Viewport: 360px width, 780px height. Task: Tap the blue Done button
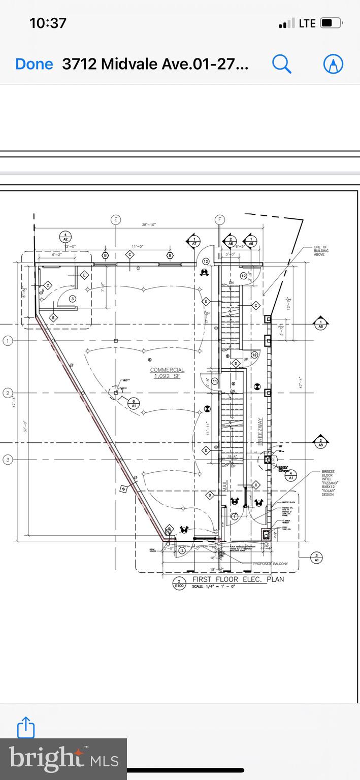pyautogui.click(x=34, y=64)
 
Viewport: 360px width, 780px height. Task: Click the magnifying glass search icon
pyautogui.click(x=281, y=64)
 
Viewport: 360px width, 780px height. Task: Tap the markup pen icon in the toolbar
pyautogui.click(x=333, y=64)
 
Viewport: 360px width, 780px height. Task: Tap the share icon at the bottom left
pyautogui.click(x=26, y=727)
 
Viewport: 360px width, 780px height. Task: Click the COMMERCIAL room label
pyautogui.click(x=167, y=370)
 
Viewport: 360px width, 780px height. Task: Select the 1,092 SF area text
pyautogui.click(x=167, y=376)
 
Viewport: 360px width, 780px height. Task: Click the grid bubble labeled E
pyautogui.click(x=116, y=219)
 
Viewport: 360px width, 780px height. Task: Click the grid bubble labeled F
pyautogui.click(x=220, y=219)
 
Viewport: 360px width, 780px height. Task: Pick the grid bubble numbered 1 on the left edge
pyautogui.click(x=8, y=341)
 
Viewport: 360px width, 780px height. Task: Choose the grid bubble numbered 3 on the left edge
pyautogui.click(x=8, y=460)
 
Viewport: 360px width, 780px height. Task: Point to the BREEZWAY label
pyautogui.click(x=259, y=431)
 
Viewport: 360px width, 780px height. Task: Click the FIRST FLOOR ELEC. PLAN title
pyautogui.click(x=238, y=579)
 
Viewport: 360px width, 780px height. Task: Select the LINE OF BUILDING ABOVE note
pyautogui.click(x=321, y=250)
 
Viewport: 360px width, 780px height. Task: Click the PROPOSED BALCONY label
pyautogui.click(x=270, y=564)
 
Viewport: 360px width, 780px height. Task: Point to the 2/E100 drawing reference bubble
pyautogui.click(x=178, y=583)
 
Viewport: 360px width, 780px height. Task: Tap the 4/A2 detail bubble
pyautogui.click(x=65, y=237)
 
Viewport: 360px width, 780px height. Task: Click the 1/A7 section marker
pyautogui.click(x=193, y=241)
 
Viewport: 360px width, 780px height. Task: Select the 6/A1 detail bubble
pyautogui.click(x=134, y=403)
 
